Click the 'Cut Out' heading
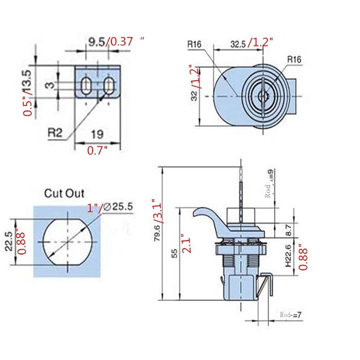coord(64,193)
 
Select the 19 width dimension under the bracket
coord(98,134)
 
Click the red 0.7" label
coord(98,151)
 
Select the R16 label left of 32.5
coord(195,45)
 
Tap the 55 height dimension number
coord(175,253)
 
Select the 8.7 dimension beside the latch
coord(288,229)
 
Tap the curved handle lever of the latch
coord(207,216)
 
